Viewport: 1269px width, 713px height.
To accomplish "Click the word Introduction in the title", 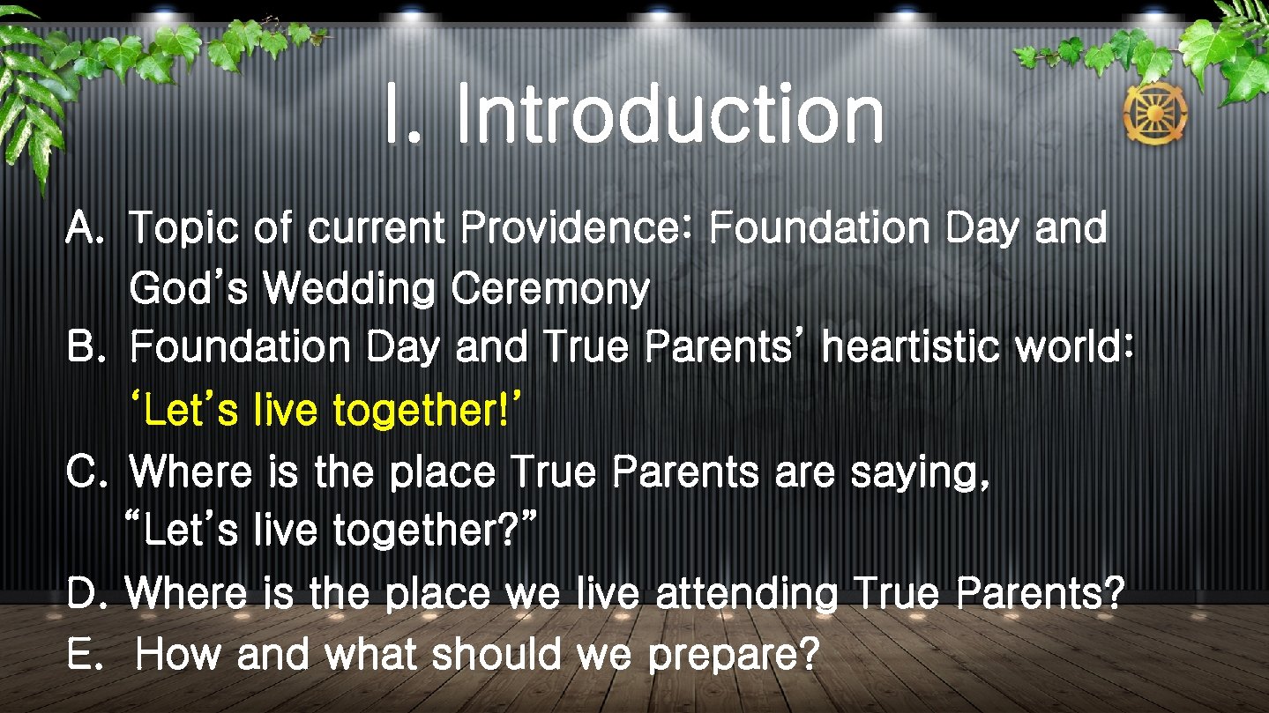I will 669,115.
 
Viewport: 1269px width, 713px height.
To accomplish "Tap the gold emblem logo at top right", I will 1154,115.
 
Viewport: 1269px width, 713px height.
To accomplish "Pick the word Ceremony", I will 549,291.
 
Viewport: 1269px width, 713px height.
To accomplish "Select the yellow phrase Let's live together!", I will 326,410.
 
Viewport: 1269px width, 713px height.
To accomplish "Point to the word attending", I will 746,595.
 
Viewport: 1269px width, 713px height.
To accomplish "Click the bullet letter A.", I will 85,230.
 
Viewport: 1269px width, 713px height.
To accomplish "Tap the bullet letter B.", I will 85,348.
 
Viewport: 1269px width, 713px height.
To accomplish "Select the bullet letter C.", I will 85,473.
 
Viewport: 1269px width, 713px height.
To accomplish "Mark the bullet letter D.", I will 85,594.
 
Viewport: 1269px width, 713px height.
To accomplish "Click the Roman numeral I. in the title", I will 401,115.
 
